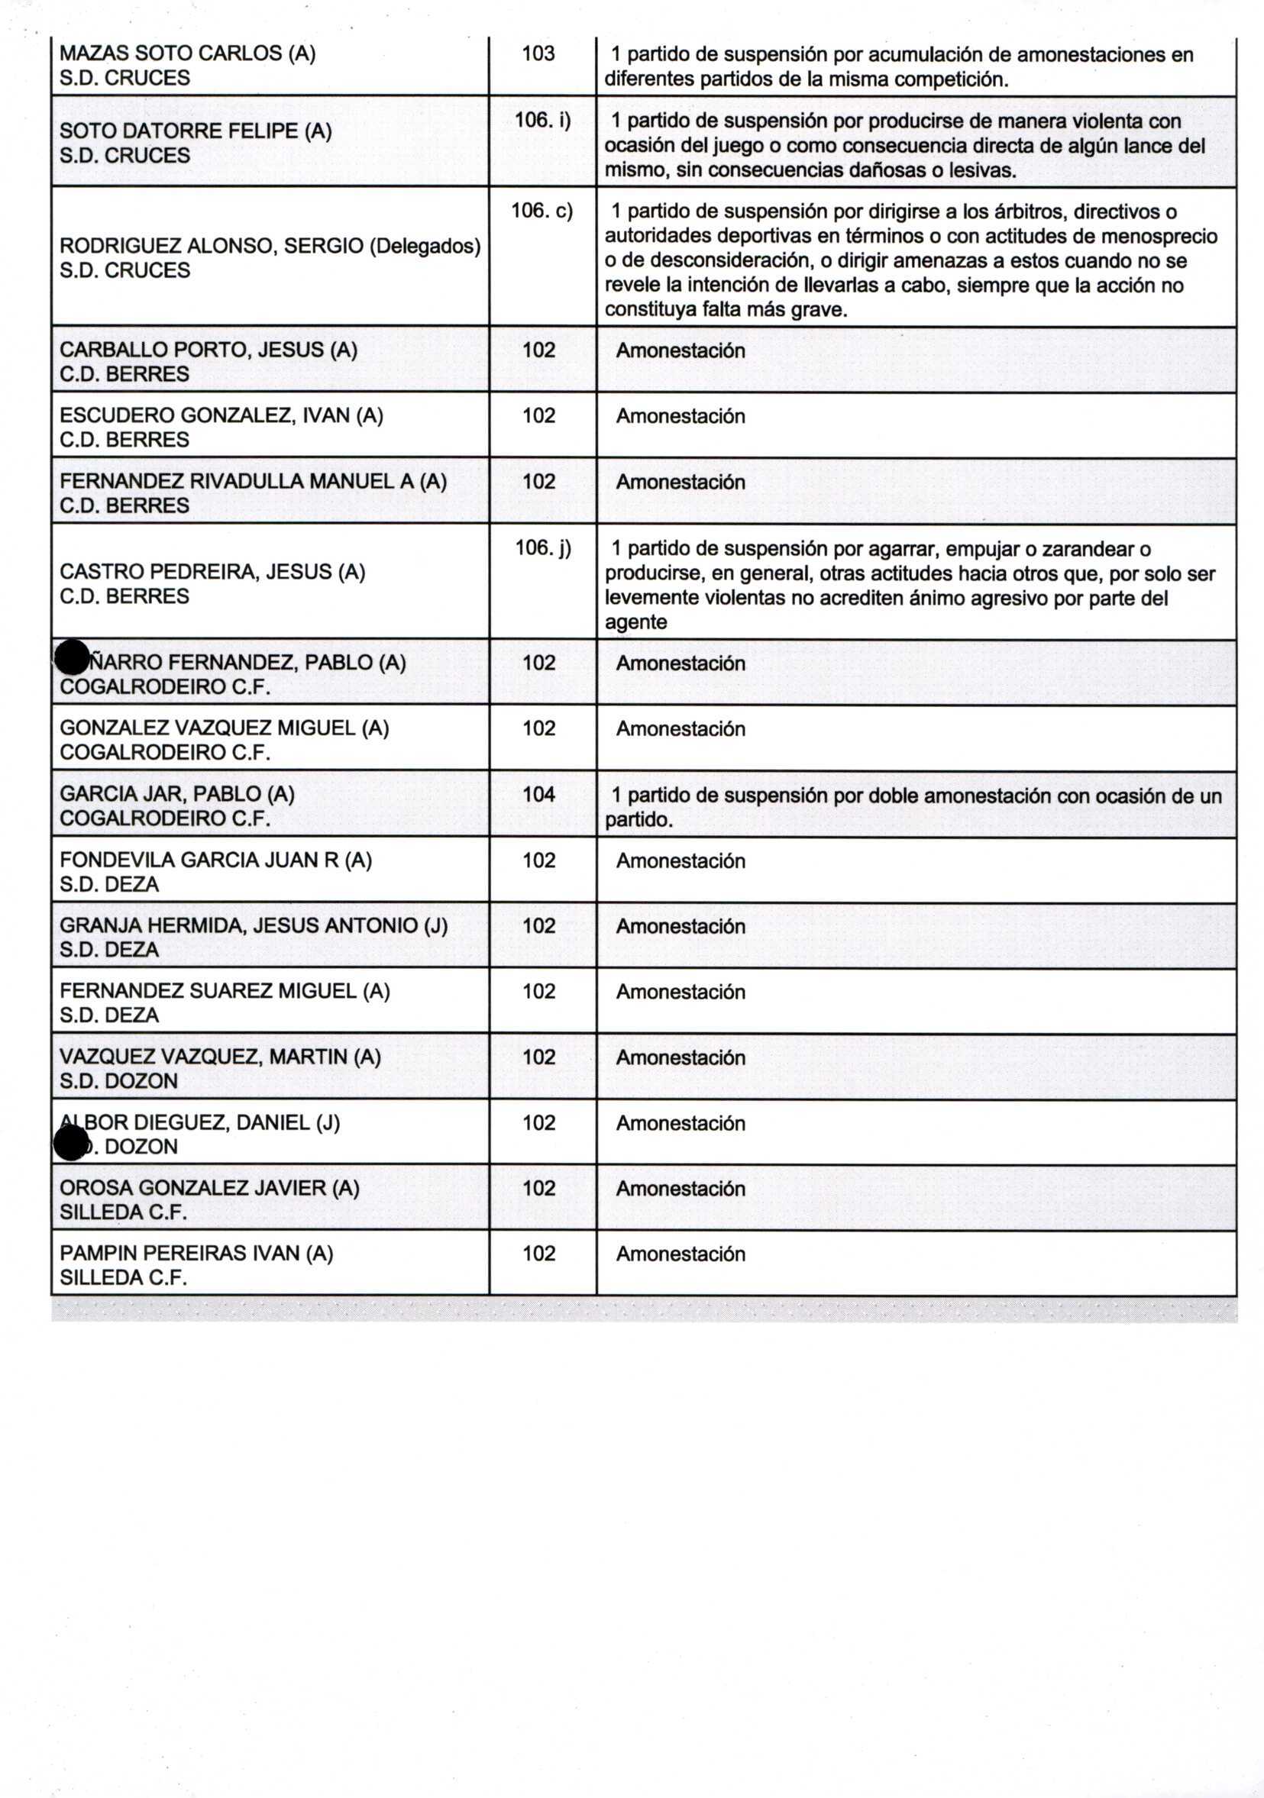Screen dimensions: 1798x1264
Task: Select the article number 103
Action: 538,53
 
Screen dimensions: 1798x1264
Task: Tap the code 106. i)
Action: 542,120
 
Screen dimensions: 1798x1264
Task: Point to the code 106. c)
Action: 541,211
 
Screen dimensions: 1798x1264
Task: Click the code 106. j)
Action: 543,547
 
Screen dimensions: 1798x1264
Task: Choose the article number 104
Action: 538,794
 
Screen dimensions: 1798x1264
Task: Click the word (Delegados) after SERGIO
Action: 425,246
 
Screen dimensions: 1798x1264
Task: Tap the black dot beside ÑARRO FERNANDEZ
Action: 72,657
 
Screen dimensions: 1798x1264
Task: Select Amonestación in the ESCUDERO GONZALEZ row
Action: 680,416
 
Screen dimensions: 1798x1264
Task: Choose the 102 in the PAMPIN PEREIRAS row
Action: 538,1253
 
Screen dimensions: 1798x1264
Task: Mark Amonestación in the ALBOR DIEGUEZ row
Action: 680,1123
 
